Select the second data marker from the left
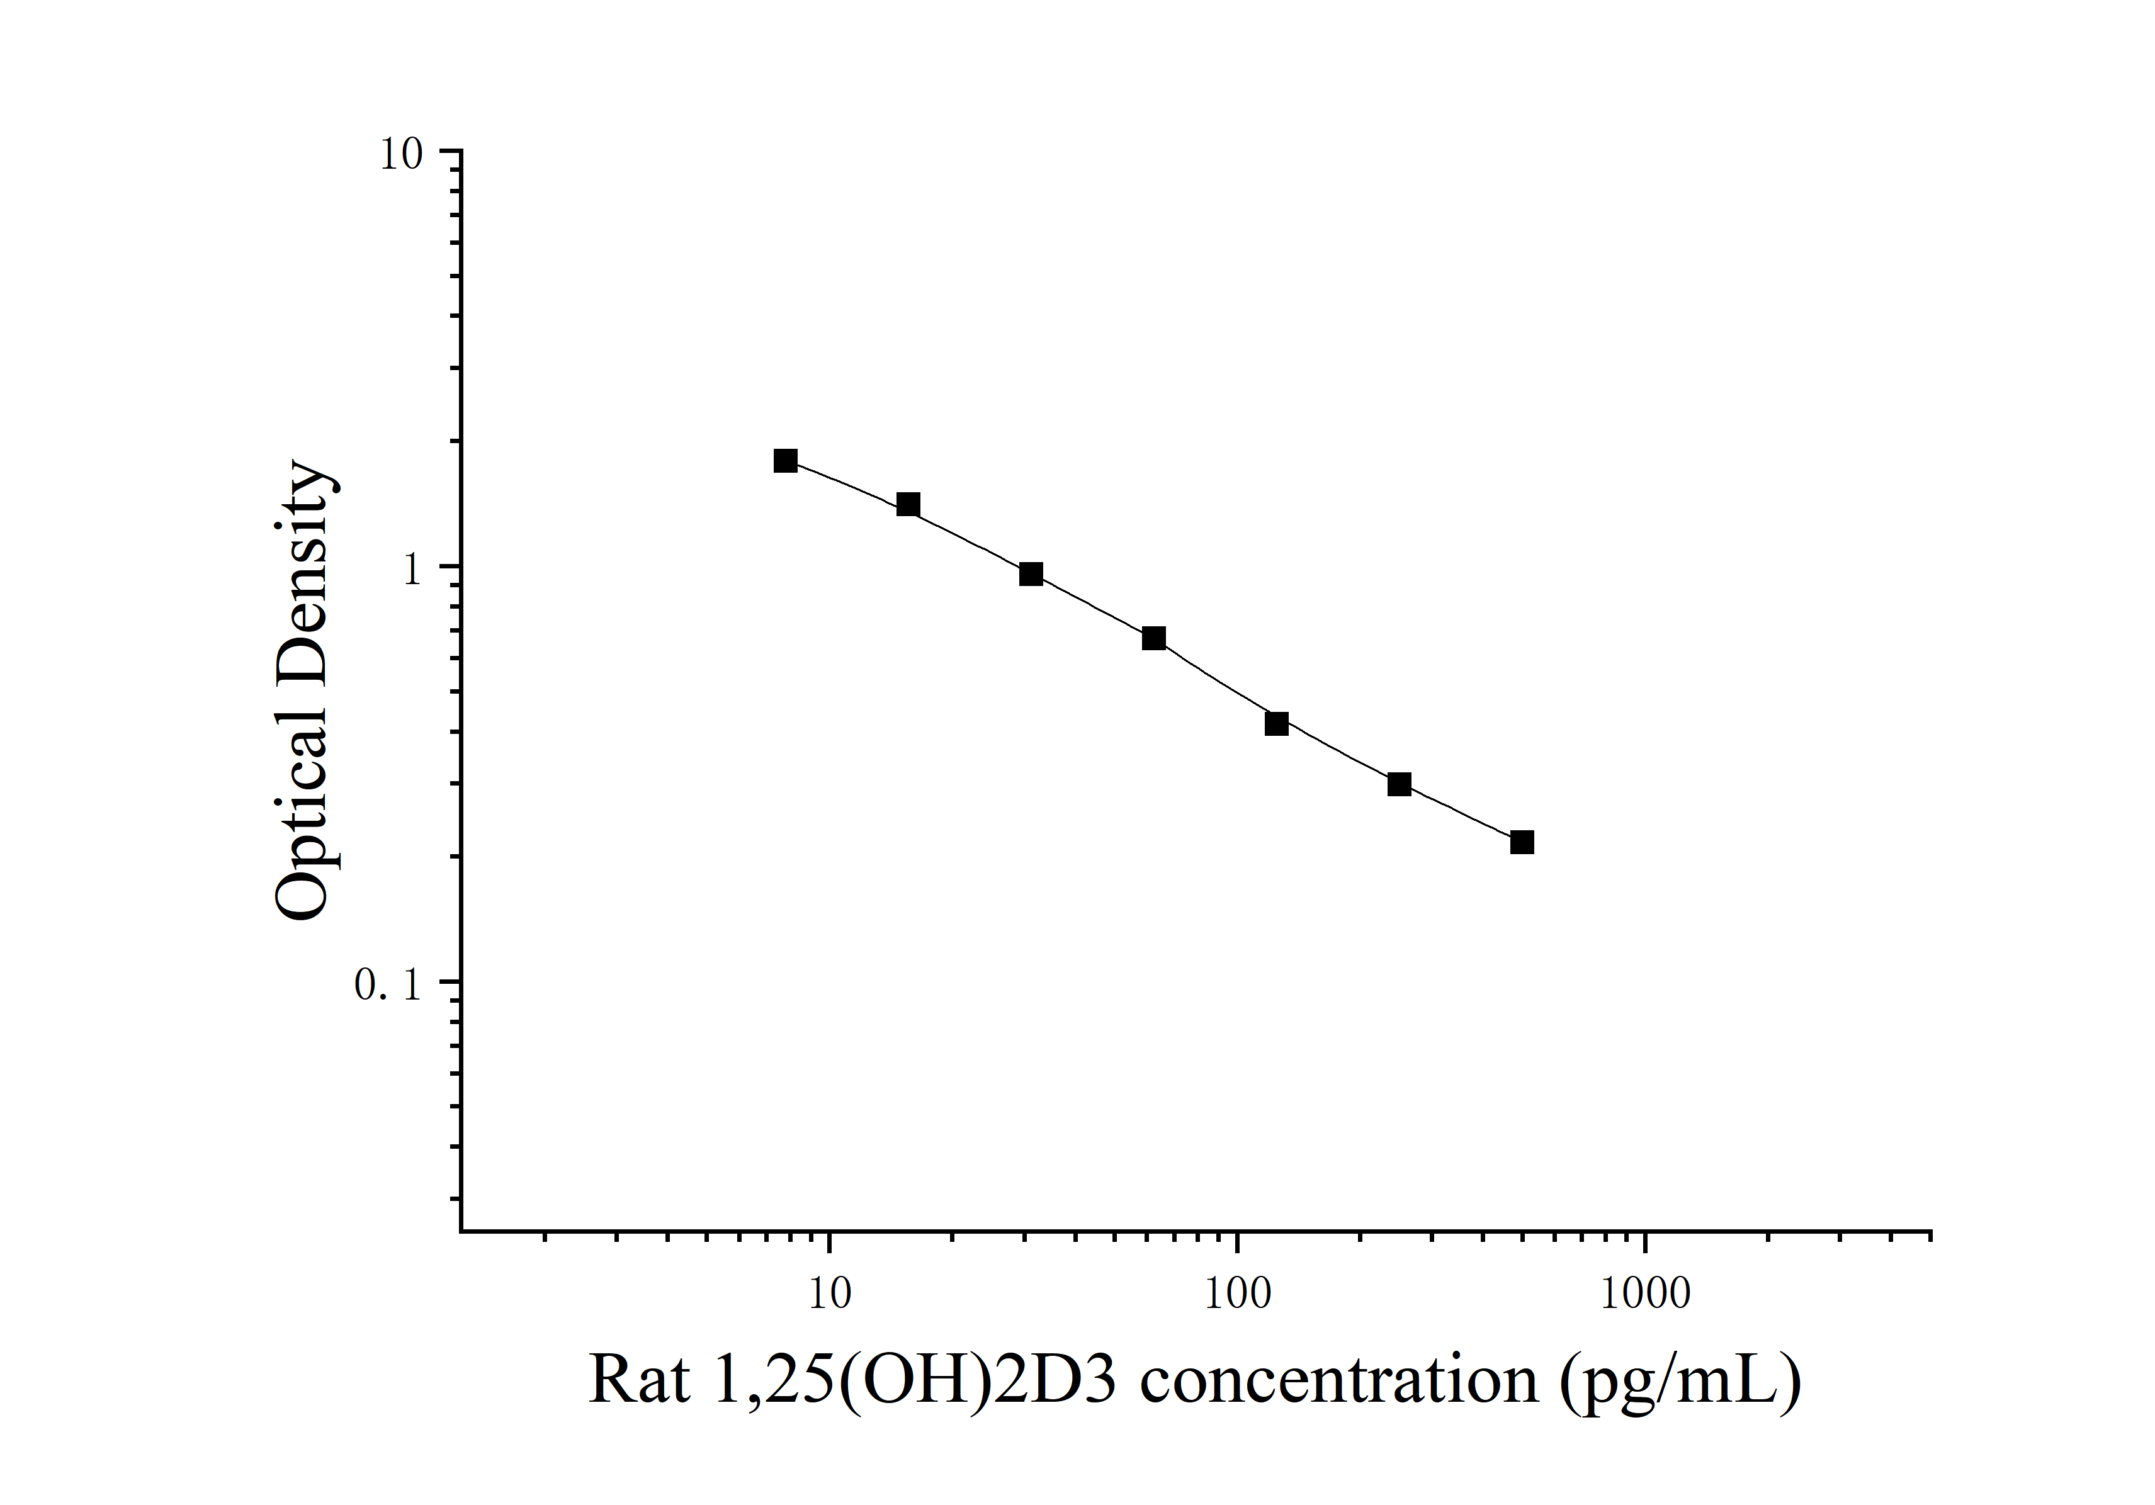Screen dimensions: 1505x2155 click(x=908, y=505)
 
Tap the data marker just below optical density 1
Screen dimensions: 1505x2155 click(x=1031, y=574)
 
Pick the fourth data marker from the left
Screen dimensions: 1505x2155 click(x=1153, y=639)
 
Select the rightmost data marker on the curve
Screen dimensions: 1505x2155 click(x=1522, y=843)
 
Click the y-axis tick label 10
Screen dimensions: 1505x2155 click(x=401, y=154)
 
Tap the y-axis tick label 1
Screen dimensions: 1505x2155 click(x=412, y=568)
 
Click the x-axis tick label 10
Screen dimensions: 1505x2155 click(x=829, y=1295)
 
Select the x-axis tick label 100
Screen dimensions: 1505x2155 click(x=1237, y=1295)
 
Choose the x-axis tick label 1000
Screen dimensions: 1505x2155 click(x=1644, y=1295)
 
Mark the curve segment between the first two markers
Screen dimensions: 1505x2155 click(x=847, y=482)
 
